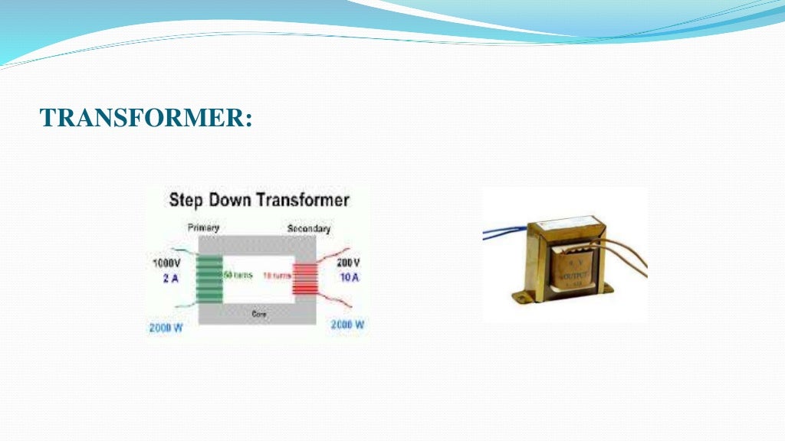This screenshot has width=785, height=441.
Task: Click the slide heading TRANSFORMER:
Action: (x=146, y=118)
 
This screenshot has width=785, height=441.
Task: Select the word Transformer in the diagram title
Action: (x=303, y=201)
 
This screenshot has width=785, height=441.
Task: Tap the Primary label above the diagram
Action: (x=203, y=227)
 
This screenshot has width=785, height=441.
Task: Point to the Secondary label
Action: (x=308, y=229)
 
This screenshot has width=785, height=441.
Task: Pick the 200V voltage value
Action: (x=347, y=263)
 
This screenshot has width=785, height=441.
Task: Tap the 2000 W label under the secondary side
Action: (x=347, y=325)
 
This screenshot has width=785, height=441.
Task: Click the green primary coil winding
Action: (x=209, y=279)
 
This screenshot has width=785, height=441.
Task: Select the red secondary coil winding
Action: (x=304, y=276)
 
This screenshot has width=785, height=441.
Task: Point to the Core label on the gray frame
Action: (x=258, y=314)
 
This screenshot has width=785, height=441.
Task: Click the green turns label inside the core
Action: (x=238, y=275)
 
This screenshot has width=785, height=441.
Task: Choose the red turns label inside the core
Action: (x=276, y=275)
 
